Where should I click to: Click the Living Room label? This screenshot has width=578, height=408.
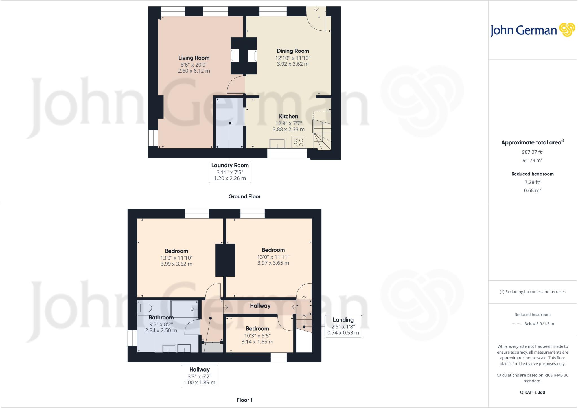[194, 58]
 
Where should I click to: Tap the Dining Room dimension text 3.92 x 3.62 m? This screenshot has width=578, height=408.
[293, 64]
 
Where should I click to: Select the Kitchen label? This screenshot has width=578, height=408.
[288, 116]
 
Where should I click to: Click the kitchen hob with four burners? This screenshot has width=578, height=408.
[298, 142]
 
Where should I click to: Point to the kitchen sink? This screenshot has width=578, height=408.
[277, 143]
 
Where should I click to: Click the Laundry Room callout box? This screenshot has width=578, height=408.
[230, 172]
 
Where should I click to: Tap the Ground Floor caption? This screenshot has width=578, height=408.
[244, 196]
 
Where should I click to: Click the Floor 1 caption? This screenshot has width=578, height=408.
[244, 400]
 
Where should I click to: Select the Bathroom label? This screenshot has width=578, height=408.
[161, 317]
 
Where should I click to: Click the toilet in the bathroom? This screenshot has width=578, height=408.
[144, 307]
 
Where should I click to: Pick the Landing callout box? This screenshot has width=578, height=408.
[343, 326]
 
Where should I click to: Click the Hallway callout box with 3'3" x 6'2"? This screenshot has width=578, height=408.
[199, 376]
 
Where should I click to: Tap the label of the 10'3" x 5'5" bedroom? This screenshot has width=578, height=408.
[257, 329]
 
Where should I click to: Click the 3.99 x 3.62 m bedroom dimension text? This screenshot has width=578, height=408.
[176, 264]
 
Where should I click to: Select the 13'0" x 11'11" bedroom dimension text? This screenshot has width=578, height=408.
[273, 257]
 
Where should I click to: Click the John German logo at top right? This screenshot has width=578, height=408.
[532, 30]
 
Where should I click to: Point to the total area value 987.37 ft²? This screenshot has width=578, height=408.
[532, 152]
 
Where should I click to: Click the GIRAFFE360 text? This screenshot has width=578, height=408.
[532, 392]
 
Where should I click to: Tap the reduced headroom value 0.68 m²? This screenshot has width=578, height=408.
[532, 190]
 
